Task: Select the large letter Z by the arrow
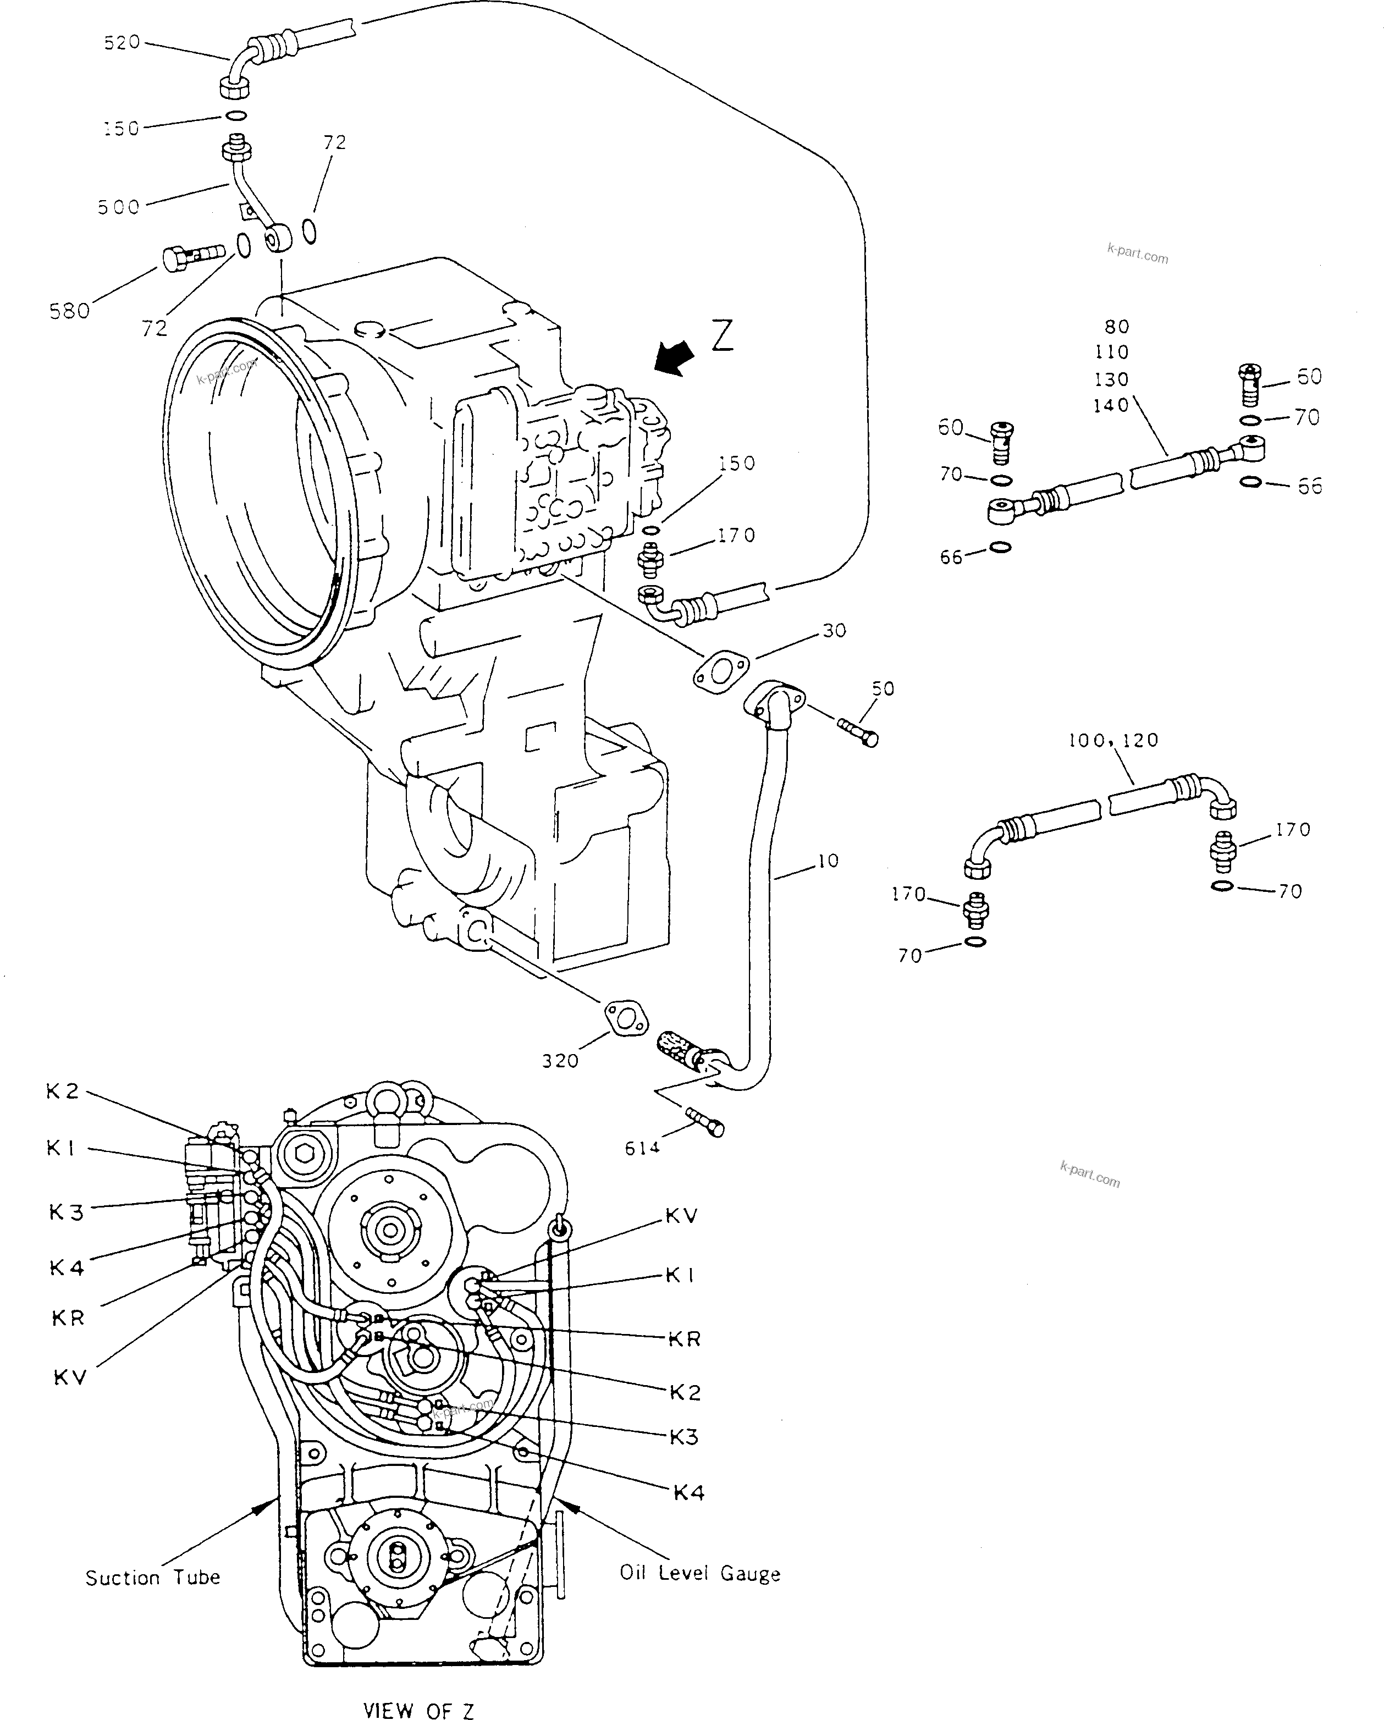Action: click(x=722, y=336)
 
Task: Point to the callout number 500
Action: click(x=119, y=207)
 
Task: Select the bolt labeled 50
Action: click(x=858, y=731)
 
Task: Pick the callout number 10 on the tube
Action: click(x=828, y=861)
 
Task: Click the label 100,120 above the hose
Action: click(x=1113, y=740)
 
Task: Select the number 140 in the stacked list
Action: click(x=1111, y=405)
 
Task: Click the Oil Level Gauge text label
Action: click(x=699, y=1574)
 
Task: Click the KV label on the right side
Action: click(x=681, y=1216)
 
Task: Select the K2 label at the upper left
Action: click(x=62, y=1091)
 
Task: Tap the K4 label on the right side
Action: click(x=688, y=1493)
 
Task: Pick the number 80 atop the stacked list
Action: click(x=1117, y=326)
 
